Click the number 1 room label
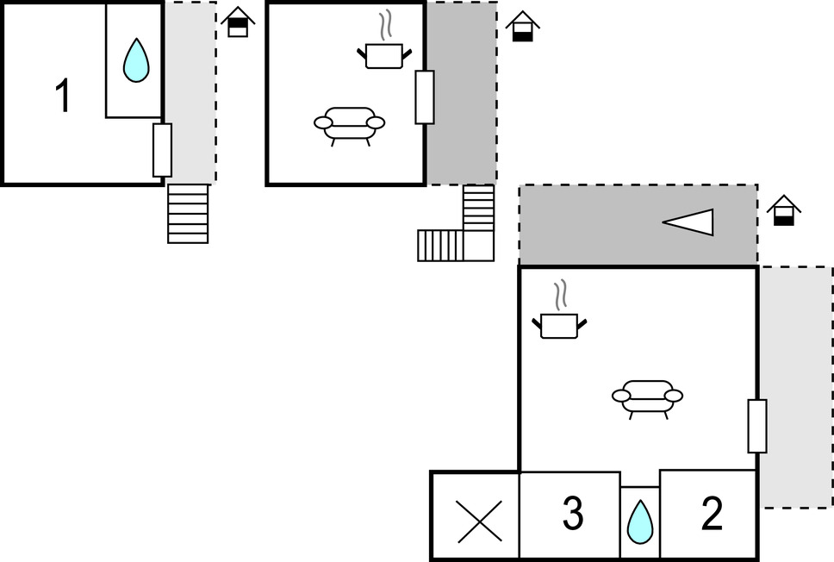[62, 96]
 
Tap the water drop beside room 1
[136, 61]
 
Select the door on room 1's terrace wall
[162, 150]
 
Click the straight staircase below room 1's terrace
[188, 213]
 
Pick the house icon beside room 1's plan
[237, 22]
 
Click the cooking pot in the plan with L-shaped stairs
[383, 56]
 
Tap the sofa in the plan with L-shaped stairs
[349, 124]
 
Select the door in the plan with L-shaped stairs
[424, 97]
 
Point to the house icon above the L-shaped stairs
[521, 27]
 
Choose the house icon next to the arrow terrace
[783, 211]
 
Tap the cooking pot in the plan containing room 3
[559, 325]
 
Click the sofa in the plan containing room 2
[647, 397]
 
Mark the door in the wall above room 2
[757, 426]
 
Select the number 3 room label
[572, 515]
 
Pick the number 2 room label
[712, 515]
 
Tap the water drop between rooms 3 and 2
[639, 522]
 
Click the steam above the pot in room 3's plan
[562, 295]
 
